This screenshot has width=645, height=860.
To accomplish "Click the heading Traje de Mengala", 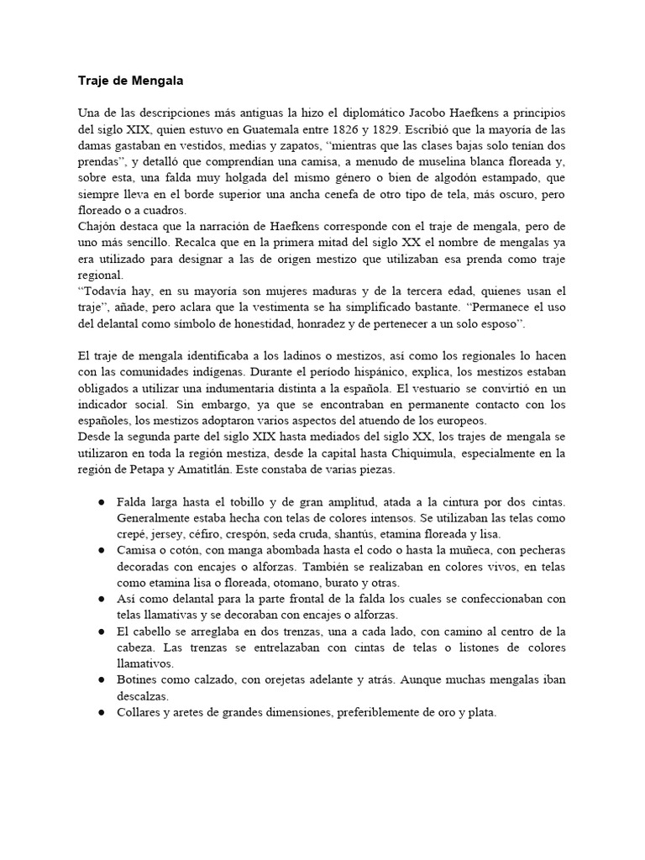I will coord(130,81).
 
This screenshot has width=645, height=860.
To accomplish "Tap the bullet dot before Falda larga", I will coord(100,502).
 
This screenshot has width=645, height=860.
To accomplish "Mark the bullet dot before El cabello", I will coord(100,632).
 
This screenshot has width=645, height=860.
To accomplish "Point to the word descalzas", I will coord(145,696).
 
